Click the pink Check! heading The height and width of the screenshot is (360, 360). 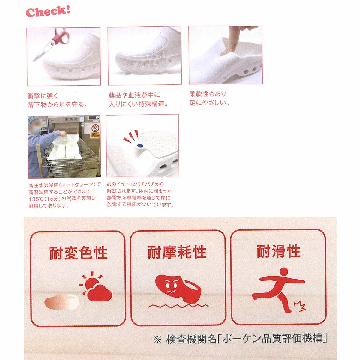point(48,12)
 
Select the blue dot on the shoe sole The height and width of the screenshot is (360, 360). point(140,145)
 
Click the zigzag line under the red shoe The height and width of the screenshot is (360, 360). point(178,306)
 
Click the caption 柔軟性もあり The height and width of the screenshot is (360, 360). point(208,94)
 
